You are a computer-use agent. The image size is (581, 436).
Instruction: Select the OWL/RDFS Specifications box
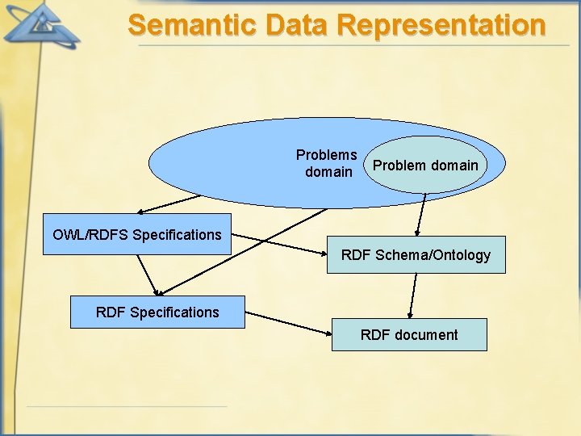pyautogui.click(x=136, y=234)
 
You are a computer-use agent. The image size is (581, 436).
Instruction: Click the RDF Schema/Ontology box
pyautogui.click(x=416, y=255)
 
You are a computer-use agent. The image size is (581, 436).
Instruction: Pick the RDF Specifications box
pyautogui.click(x=157, y=312)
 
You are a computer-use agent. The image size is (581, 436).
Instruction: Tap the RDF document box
pyautogui.click(x=409, y=334)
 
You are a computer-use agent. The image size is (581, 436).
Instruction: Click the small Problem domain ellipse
pyautogui.click(x=426, y=165)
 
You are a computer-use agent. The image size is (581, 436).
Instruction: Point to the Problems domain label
pyautogui.click(x=327, y=163)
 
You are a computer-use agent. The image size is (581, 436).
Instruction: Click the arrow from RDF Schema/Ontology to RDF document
pyautogui.click(x=413, y=296)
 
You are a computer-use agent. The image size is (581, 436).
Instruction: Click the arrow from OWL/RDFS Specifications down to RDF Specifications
pyautogui.click(x=148, y=275)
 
